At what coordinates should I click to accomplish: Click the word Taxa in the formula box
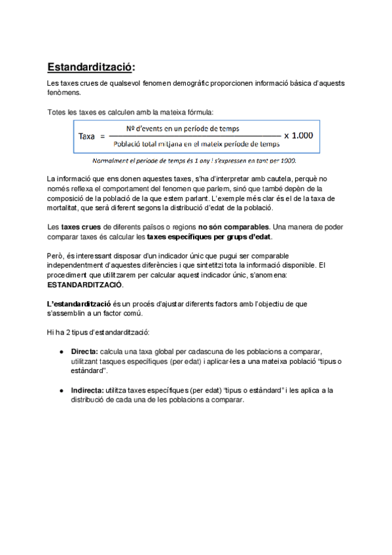tap(87, 136)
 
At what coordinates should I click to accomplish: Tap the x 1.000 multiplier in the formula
tap(298, 135)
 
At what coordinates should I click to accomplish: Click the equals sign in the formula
tap(101, 136)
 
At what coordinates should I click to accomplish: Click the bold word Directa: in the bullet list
tap(84, 351)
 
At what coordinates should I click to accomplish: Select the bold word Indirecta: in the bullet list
tap(87, 390)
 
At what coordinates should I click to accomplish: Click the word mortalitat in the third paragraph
tap(65, 207)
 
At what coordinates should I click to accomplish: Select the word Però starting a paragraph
tap(56, 255)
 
